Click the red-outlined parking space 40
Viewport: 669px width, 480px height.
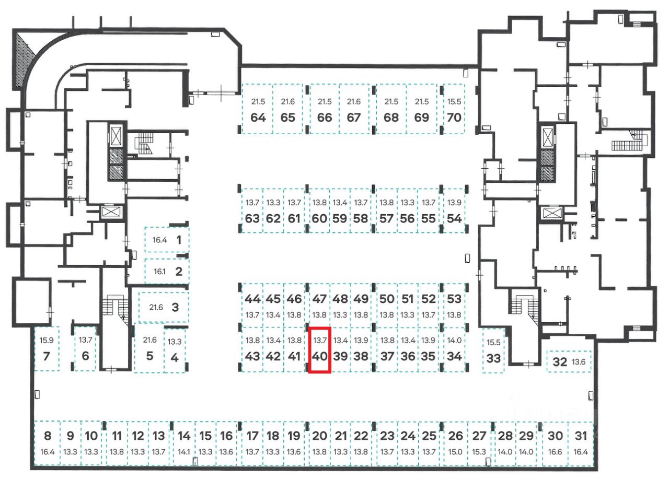tap(319, 349)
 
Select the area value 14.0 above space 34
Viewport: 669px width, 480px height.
tap(455, 340)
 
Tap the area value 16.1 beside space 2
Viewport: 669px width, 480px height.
tap(159, 272)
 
